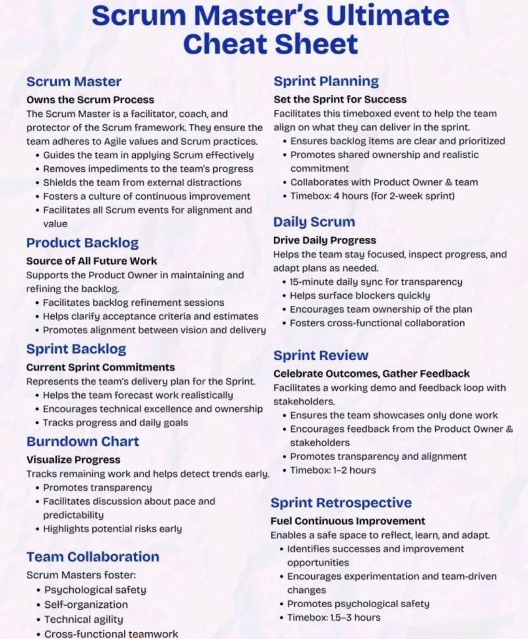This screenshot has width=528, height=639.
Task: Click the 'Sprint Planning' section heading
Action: tap(326, 81)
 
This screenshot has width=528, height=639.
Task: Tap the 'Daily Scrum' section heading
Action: tap(314, 222)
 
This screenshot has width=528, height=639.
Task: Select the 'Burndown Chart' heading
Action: tap(82, 442)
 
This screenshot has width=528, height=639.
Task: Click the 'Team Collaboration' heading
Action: tap(92, 557)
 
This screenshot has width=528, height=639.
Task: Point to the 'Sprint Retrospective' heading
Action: tap(341, 503)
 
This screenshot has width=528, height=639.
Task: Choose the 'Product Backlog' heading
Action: tap(82, 243)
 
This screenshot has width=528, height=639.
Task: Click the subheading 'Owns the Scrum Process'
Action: tap(90, 100)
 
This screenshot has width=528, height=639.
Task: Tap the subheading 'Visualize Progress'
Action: tap(73, 460)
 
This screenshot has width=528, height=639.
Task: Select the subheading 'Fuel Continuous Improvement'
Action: tap(348, 521)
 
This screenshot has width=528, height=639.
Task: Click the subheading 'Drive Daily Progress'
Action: tap(325, 240)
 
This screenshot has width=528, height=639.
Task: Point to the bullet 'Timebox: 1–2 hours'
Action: tap(333, 471)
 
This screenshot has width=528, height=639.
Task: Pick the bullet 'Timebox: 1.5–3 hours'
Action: tap(334, 618)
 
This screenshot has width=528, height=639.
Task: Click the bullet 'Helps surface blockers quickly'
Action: tap(360, 296)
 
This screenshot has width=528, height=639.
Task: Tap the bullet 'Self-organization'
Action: tap(86, 605)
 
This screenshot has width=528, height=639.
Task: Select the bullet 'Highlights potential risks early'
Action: tap(112, 529)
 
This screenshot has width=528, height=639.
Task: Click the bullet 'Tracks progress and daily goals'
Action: tap(115, 423)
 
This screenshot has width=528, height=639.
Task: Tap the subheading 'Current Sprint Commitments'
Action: tap(100, 368)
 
